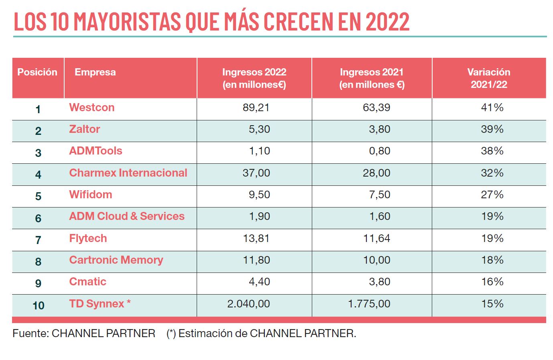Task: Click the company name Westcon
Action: click(91, 108)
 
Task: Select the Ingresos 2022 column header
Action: click(254, 78)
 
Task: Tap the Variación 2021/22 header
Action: click(489, 78)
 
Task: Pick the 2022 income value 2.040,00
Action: click(248, 304)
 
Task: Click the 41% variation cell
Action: click(492, 108)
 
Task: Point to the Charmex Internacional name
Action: click(128, 173)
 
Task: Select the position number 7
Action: click(38, 240)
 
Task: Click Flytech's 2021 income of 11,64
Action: click(376, 238)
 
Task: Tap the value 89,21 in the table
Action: click(256, 108)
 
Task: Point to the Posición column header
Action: click(37, 72)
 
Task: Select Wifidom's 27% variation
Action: click(492, 195)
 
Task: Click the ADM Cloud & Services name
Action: click(127, 216)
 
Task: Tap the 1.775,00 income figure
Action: click(369, 304)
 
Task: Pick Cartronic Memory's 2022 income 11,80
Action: click(256, 260)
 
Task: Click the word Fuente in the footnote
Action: click(30, 334)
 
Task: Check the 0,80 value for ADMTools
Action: click(380, 151)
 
